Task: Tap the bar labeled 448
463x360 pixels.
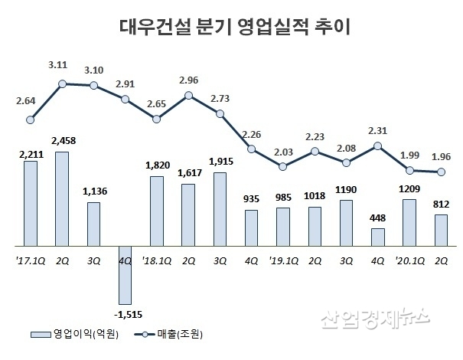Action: tap(377, 237)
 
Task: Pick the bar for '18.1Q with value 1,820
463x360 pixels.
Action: tap(155, 211)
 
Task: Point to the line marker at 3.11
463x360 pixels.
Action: tap(62, 83)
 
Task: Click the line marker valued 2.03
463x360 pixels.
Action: tap(282, 166)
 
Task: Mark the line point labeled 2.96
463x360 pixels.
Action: tap(187, 96)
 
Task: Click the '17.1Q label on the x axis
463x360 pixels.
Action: tap(30, 260)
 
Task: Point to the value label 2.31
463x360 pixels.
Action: tap(377, 130)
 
